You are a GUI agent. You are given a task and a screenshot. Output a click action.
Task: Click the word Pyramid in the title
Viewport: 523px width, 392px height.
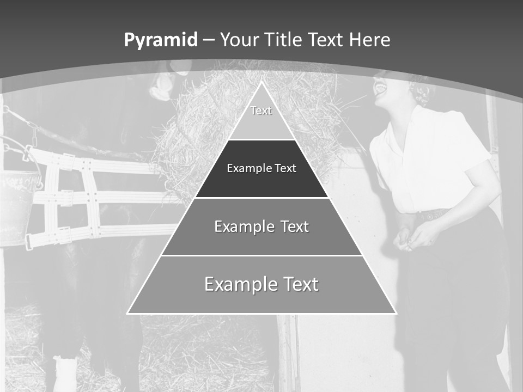[161, 40]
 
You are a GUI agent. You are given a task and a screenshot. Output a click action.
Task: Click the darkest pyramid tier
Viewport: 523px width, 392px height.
[261, 169]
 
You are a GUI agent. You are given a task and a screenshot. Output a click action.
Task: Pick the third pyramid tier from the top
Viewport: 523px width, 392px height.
[261, 226]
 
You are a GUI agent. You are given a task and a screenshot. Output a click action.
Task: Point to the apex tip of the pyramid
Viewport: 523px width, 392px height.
[261, 82]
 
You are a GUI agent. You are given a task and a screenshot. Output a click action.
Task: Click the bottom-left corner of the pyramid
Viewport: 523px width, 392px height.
[128, 313]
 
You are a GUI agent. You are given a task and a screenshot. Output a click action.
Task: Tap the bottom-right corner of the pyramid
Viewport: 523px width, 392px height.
[395, 313]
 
